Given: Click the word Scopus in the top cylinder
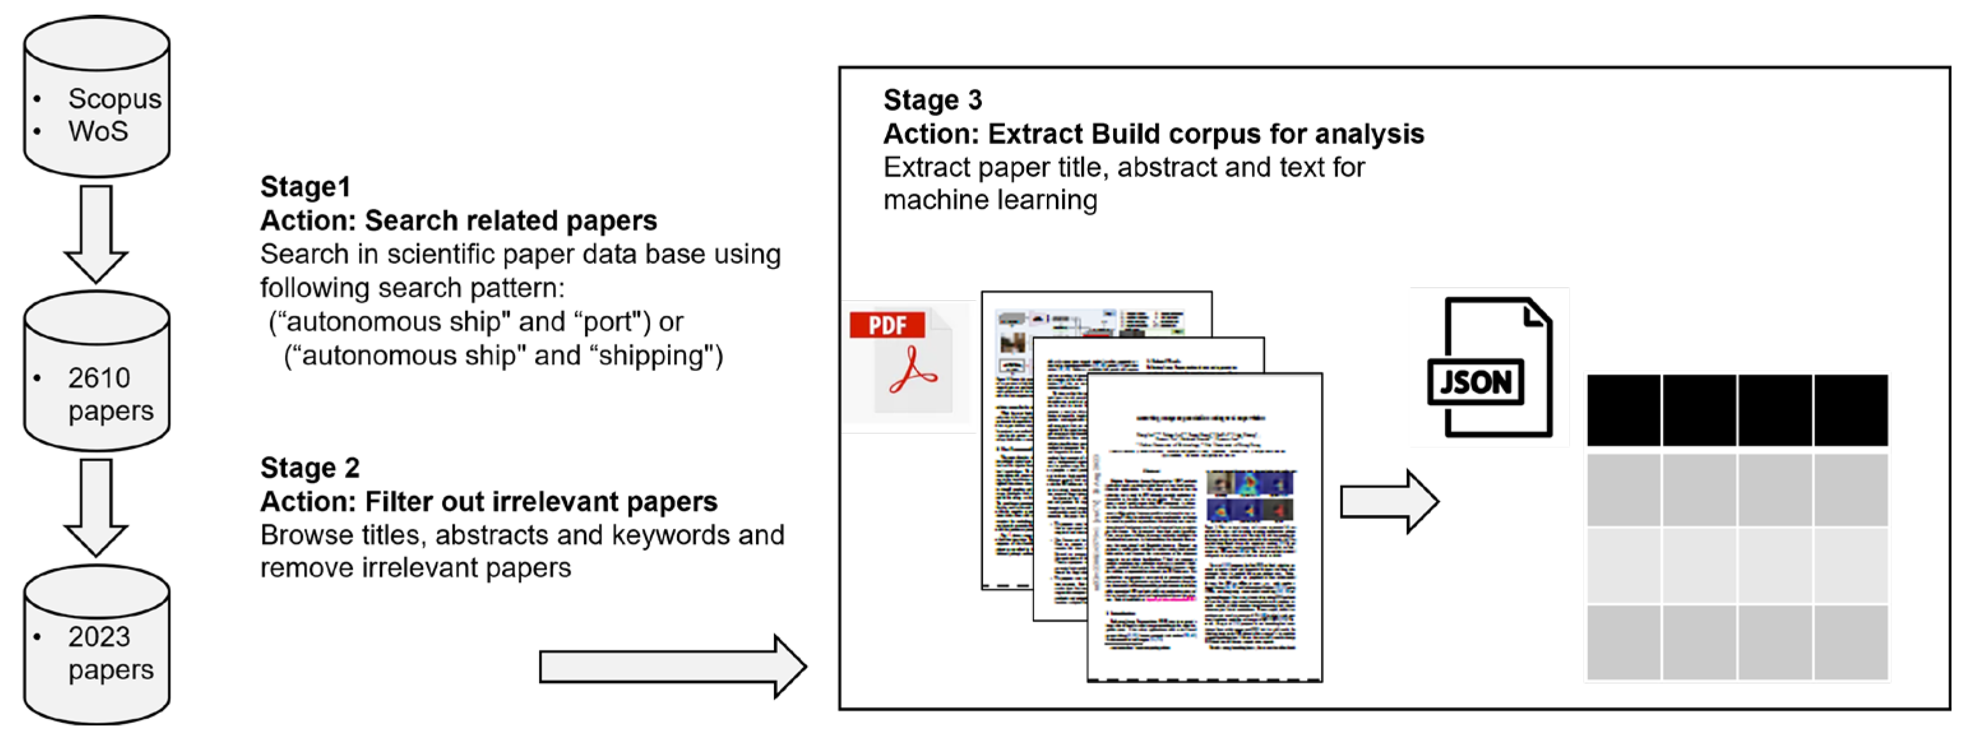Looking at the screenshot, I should click(114, 99).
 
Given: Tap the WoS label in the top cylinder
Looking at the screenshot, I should click(98, 132).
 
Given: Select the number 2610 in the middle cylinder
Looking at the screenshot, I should click(98, 379).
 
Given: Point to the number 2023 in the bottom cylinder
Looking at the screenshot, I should click(98, 637).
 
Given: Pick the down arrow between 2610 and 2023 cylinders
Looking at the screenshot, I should click(96, 507).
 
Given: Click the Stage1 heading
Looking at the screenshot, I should click(305, 187).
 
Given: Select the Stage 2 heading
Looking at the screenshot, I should click(309, 469).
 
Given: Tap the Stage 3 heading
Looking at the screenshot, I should click(932, 101).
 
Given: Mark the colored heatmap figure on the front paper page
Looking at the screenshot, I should click(1250, 496).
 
